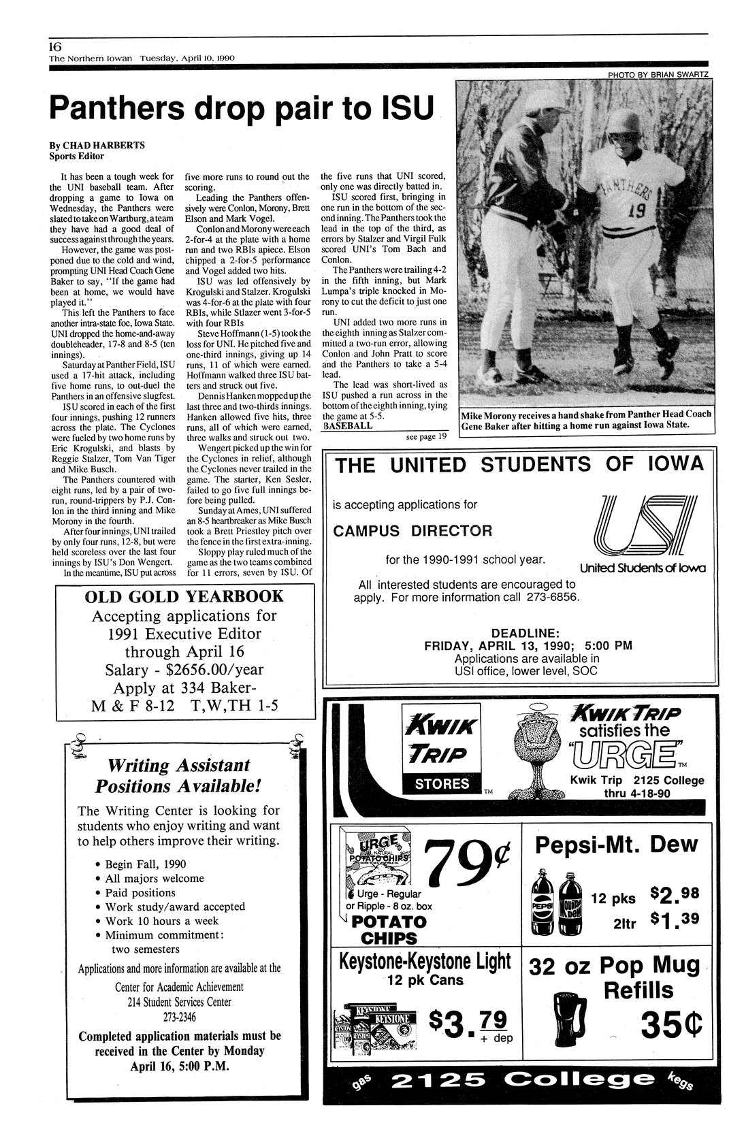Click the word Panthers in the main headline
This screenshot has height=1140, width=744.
click(x=129, y=108)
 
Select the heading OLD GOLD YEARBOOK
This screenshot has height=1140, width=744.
click(x=183, y=597)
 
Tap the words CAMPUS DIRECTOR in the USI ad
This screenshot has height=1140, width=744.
click(x=412, y=530)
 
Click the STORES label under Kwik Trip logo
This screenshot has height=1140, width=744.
click(x=442, y=783)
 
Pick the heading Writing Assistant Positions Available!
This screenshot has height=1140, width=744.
click(x=177, y=775)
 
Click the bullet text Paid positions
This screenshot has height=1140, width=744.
click(x=140, y=892)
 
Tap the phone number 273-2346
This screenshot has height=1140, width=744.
click(x=178, y=1015)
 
